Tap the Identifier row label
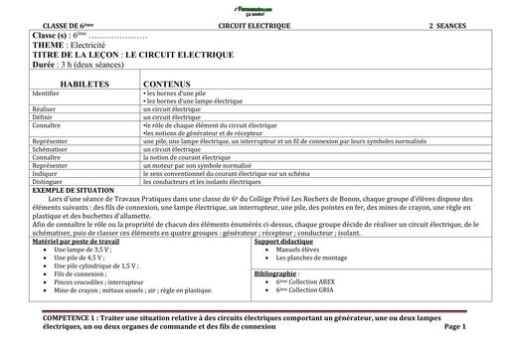point(50,92)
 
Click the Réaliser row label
point(47,108)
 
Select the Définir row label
point(45,116)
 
